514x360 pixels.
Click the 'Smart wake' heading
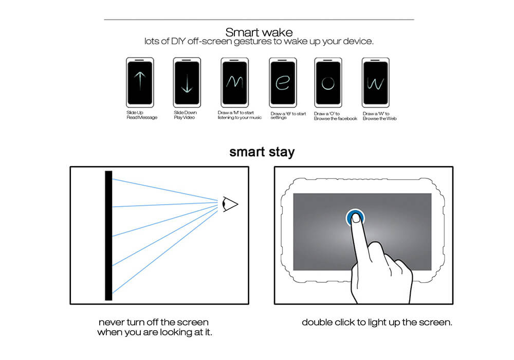tap(259, 32)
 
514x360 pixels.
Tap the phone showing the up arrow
tap(140, 82)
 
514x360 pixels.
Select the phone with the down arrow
tap(187, 82)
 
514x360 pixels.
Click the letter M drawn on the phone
tap(235, 82)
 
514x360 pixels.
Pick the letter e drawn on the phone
tap(283, 83)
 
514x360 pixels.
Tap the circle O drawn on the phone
tap(328, 83)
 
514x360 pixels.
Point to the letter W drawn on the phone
tap(375, 83)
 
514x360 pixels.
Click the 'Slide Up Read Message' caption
tap(142, 115)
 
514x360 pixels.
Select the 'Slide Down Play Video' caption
tap(185, 115)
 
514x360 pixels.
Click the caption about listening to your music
tap(240, 115)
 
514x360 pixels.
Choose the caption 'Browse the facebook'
tap(336, 118)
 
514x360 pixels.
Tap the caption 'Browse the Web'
tap(380, 118)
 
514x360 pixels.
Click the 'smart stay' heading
tap(262, 152)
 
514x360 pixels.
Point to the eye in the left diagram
tap(230, 204)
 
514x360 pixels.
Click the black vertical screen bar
tap(108, 236)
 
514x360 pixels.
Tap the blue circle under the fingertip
tap(355, 217)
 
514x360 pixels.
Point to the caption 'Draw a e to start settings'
tap(288, 115)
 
